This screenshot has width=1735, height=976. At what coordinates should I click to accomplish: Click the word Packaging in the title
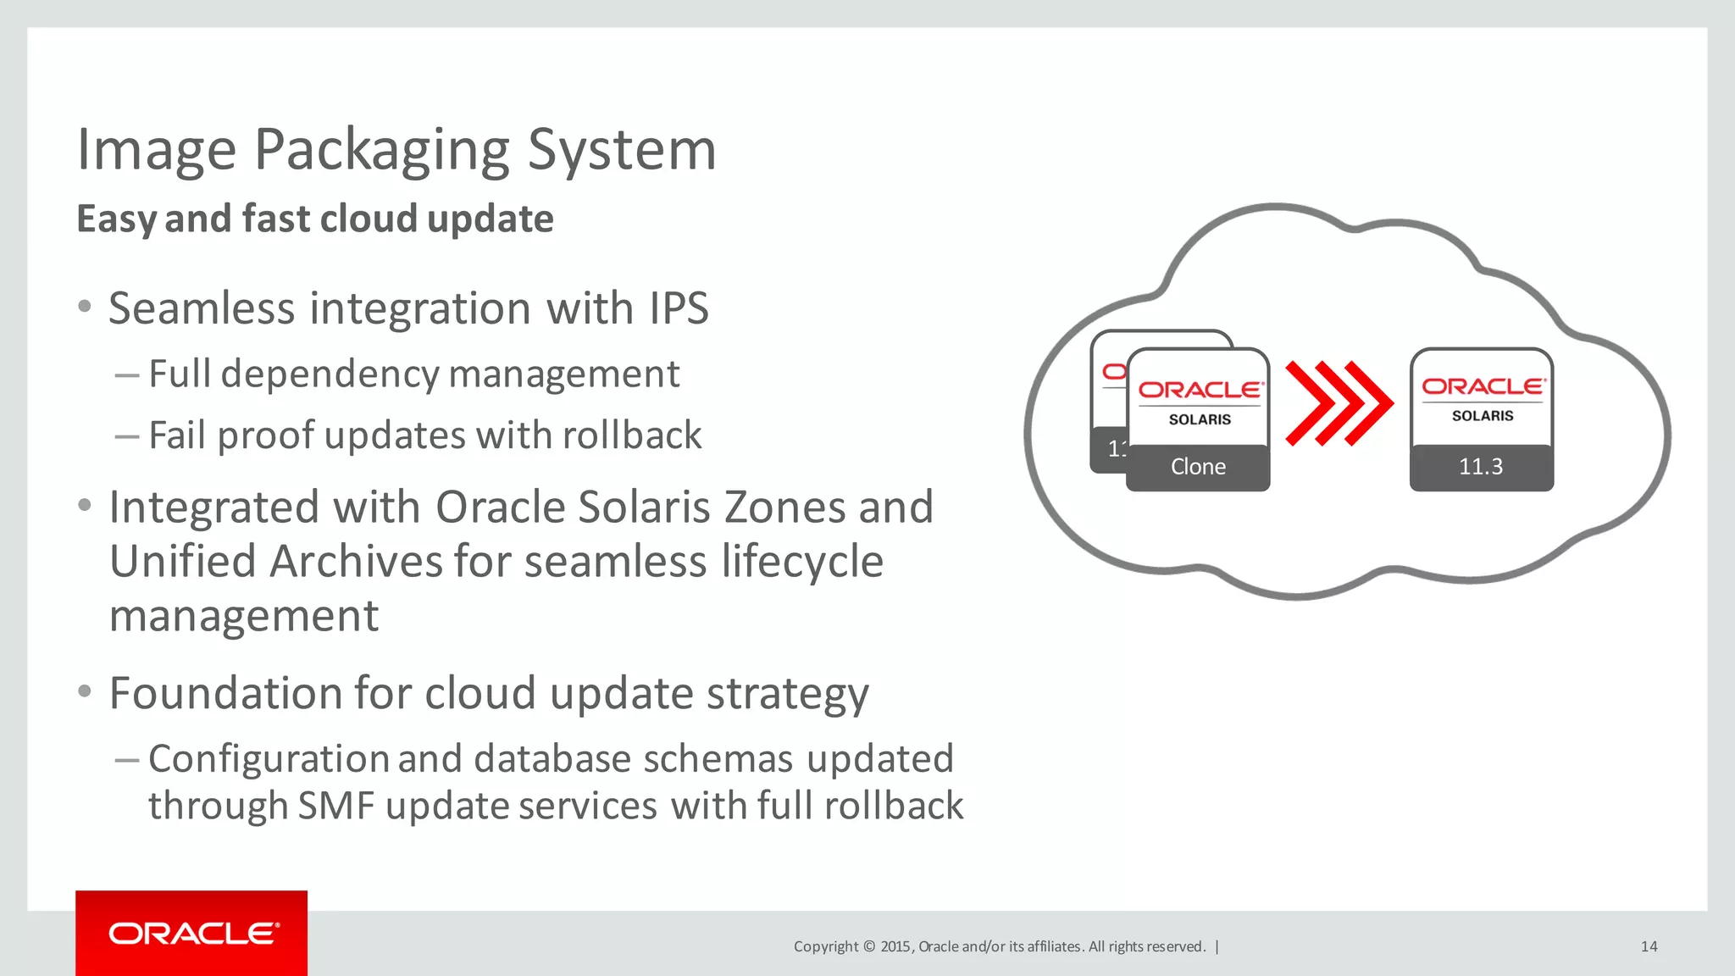point(381,151)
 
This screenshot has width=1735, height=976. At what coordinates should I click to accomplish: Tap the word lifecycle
point(801,562)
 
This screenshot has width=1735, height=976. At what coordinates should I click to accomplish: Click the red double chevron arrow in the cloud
point(1339,403)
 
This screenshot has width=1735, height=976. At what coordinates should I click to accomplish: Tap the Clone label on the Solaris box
point(1198,467)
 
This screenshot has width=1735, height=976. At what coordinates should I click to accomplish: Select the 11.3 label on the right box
point(1481,467)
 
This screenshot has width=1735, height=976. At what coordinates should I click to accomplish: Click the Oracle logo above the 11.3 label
point(1483,386)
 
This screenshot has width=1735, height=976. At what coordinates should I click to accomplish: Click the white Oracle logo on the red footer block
point(193,934)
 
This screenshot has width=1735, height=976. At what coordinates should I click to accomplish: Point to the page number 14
point(1649,946)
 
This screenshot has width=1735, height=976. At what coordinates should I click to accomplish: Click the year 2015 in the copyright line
point(895,946)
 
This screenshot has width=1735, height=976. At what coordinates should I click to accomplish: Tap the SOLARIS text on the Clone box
point(1200,419)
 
